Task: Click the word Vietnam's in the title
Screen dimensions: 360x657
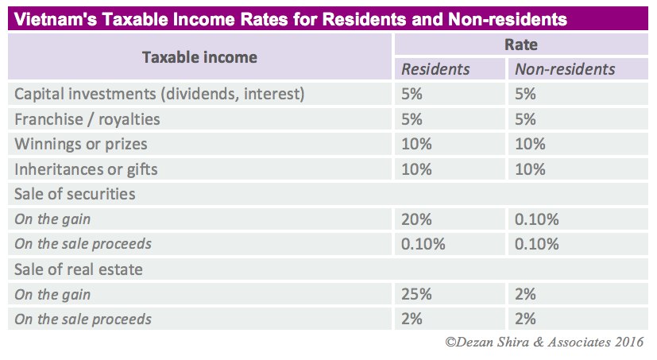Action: pyautogui.click(x=48, y=18)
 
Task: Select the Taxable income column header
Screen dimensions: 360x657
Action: pyautogui.click(x=199, y=57)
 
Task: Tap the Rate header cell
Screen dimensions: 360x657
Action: pyautogui.click(x=521, y=45)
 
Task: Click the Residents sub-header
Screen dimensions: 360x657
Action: pyautogui.click(x=435, y=69)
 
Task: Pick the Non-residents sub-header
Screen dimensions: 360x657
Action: pyautogui.click(x=565, y=69)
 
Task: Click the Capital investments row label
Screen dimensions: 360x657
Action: pyautogui.click(x=160, y=94)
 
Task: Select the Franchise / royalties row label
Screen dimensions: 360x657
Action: pyautogui.click(x=87, y=119)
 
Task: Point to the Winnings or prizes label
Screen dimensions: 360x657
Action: pyautogui.click(x=81, y=145)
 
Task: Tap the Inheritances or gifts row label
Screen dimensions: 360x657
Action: pyautogui.click(x=86, y=169)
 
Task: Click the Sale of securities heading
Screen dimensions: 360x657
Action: pyautogui.click(x=75, y=194)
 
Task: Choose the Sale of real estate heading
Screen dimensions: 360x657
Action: pyautogui.click(x=79, y=269)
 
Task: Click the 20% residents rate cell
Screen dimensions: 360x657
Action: pyautogui.click(x=416, y=219)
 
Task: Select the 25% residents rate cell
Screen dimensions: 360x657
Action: pyautogui.click(x=416, y=294)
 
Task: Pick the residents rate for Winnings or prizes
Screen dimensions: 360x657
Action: pyautogui.click(x=416, y=145)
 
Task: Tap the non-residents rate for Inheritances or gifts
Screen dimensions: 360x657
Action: pyautogui.click(x=531, y=169)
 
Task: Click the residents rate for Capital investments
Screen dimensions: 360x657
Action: pyautogui.click(x=412, y=94)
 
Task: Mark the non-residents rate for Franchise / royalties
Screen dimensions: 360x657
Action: pyautogui.click(x=526, y=119)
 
